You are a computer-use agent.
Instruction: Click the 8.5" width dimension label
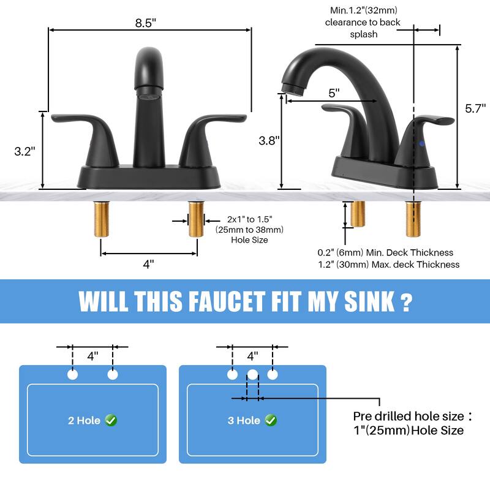click(x=146, y=22)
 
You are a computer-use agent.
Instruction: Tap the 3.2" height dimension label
click(x=24, y=151)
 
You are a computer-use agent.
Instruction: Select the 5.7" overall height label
click(x=475, y=108)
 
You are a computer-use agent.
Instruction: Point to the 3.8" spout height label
click(x=269, y=140)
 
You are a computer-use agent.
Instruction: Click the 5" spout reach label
click(x=334, y=93)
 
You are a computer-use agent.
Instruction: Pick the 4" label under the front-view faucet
click(x=148, y=264)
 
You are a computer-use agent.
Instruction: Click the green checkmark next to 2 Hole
click(x=111, y=420)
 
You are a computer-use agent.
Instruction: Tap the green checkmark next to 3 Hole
click(x=271, y=420)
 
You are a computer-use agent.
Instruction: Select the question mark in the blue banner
click(x=405, y=301)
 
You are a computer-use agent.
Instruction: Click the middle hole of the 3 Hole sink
click(x=252, y=374)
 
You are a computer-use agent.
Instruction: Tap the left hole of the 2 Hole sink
click(x=73, y=374)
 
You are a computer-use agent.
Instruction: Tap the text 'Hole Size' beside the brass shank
click(x=249, y=240)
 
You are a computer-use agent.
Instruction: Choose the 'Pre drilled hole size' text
click(x=409, y=417)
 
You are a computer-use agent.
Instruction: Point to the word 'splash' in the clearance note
click(x=364, y=34)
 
